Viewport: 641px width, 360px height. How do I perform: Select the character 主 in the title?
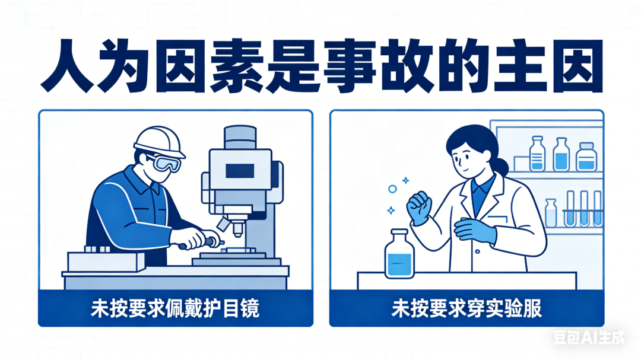click(x=519, y=66)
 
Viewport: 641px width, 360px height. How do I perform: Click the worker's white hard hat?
click(x=159, y=141)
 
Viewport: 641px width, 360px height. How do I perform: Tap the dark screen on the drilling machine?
click(x=240, y=171)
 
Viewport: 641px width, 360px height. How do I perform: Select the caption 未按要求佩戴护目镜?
click(x=175, y=308)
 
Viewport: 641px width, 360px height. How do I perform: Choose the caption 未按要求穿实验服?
click(x=467, y=308)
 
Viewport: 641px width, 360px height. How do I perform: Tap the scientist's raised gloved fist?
click(x=418, y=207)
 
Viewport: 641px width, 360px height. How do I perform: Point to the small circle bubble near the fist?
click(x=392, y=189)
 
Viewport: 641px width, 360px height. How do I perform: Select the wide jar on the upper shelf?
click(x=586, y=157)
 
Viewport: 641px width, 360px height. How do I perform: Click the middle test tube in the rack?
click(x=584, y=208)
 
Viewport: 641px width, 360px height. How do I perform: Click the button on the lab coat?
click(x=477, y=251)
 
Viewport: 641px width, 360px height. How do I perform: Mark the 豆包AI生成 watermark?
click(x=589, y=337)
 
